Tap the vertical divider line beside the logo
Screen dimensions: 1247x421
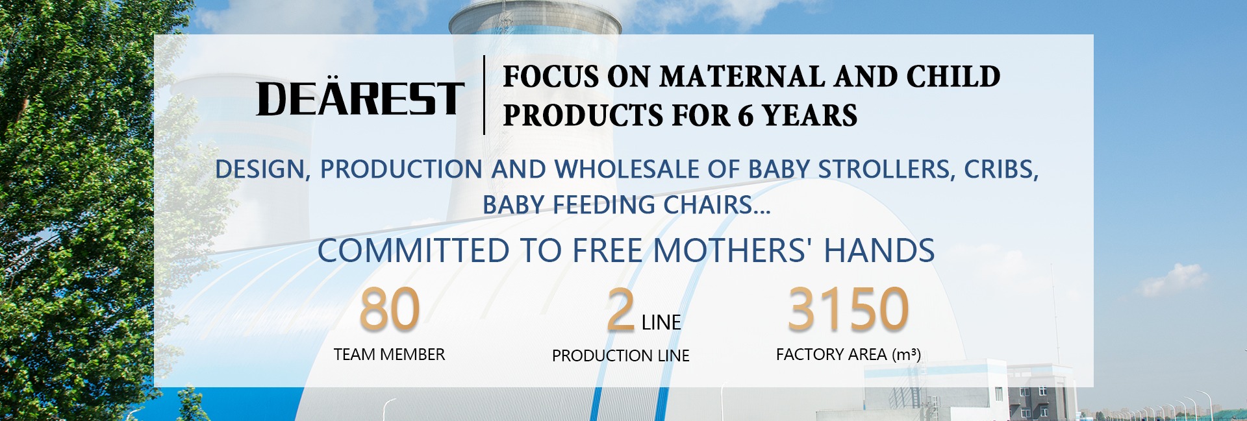pos(484,95)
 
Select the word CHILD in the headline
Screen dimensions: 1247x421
pos(953,77)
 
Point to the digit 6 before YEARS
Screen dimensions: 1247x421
pos(746,115)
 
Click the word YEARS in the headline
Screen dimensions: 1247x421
pos(810,115)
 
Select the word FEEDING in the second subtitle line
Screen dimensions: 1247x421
pos(604,205)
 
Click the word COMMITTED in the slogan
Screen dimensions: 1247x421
pos(413,250)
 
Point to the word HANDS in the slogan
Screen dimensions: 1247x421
pos(879,250)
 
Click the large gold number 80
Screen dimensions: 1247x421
pos(390,309)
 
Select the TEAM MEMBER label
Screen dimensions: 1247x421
pos(390,355)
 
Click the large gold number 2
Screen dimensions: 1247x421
pos(621,310)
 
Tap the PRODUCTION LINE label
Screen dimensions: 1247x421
pos(621,356)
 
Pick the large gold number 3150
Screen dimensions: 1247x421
pos(848,309)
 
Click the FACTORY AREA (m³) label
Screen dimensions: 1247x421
pos(848,355)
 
